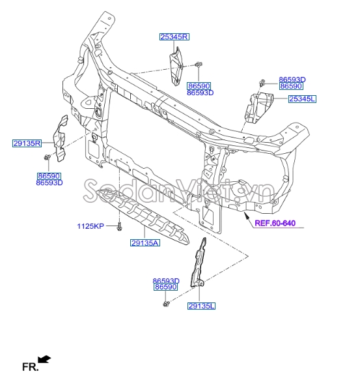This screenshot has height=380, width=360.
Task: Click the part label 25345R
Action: (x=174, y=37)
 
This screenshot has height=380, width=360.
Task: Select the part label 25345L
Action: (x=302, y=99)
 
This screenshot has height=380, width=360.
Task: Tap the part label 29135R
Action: (x=27, y=143)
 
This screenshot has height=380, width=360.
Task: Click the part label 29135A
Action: (x=145, y=243)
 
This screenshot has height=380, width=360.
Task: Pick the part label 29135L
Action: (x=201, y=306)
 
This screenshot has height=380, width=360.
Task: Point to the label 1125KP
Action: (x=90, y=226)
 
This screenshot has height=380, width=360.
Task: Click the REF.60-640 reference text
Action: (x=275, y=223)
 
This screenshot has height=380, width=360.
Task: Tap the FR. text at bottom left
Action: (x=30, y=367)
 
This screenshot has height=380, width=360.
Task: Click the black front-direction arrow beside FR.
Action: (x=44, y=359)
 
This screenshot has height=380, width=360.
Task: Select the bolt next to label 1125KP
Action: (x=119, y=227)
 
